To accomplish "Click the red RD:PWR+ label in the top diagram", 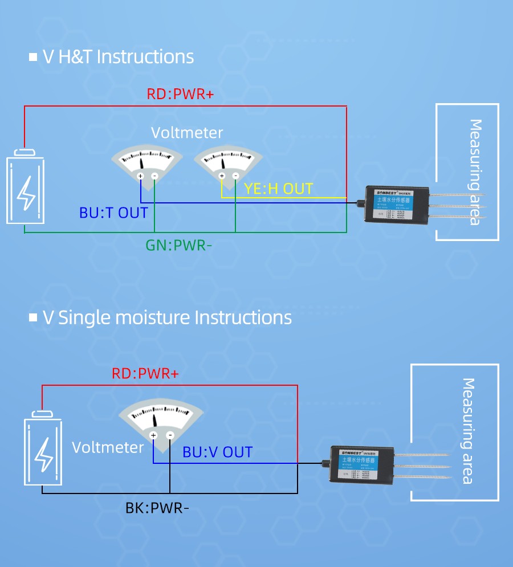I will click(180, 94).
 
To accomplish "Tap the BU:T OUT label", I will click(113, 213).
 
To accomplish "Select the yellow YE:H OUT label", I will click(279, 189).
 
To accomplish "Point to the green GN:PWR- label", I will click(178, 246).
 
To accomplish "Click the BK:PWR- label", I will click(157, 507).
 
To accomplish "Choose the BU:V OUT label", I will click(217, 452).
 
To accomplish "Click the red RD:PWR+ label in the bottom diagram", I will click(145, 374).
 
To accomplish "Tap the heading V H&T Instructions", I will click(118, 57).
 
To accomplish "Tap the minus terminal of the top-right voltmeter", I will click(235, 176).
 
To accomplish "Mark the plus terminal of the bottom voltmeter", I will click(153, 435).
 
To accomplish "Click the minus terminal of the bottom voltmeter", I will click(170, 435).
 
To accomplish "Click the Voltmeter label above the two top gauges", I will click(187, 133).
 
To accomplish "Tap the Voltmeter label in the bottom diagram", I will click(108, 447).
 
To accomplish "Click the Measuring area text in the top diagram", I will click(475, 172).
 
